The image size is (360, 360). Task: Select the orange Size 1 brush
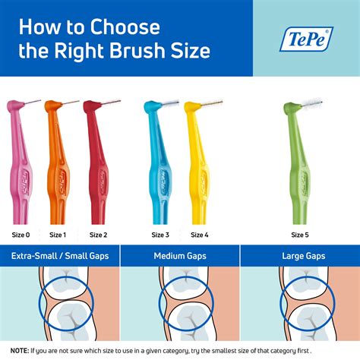coord(58,167)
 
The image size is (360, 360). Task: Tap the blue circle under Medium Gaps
coord(181,304)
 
